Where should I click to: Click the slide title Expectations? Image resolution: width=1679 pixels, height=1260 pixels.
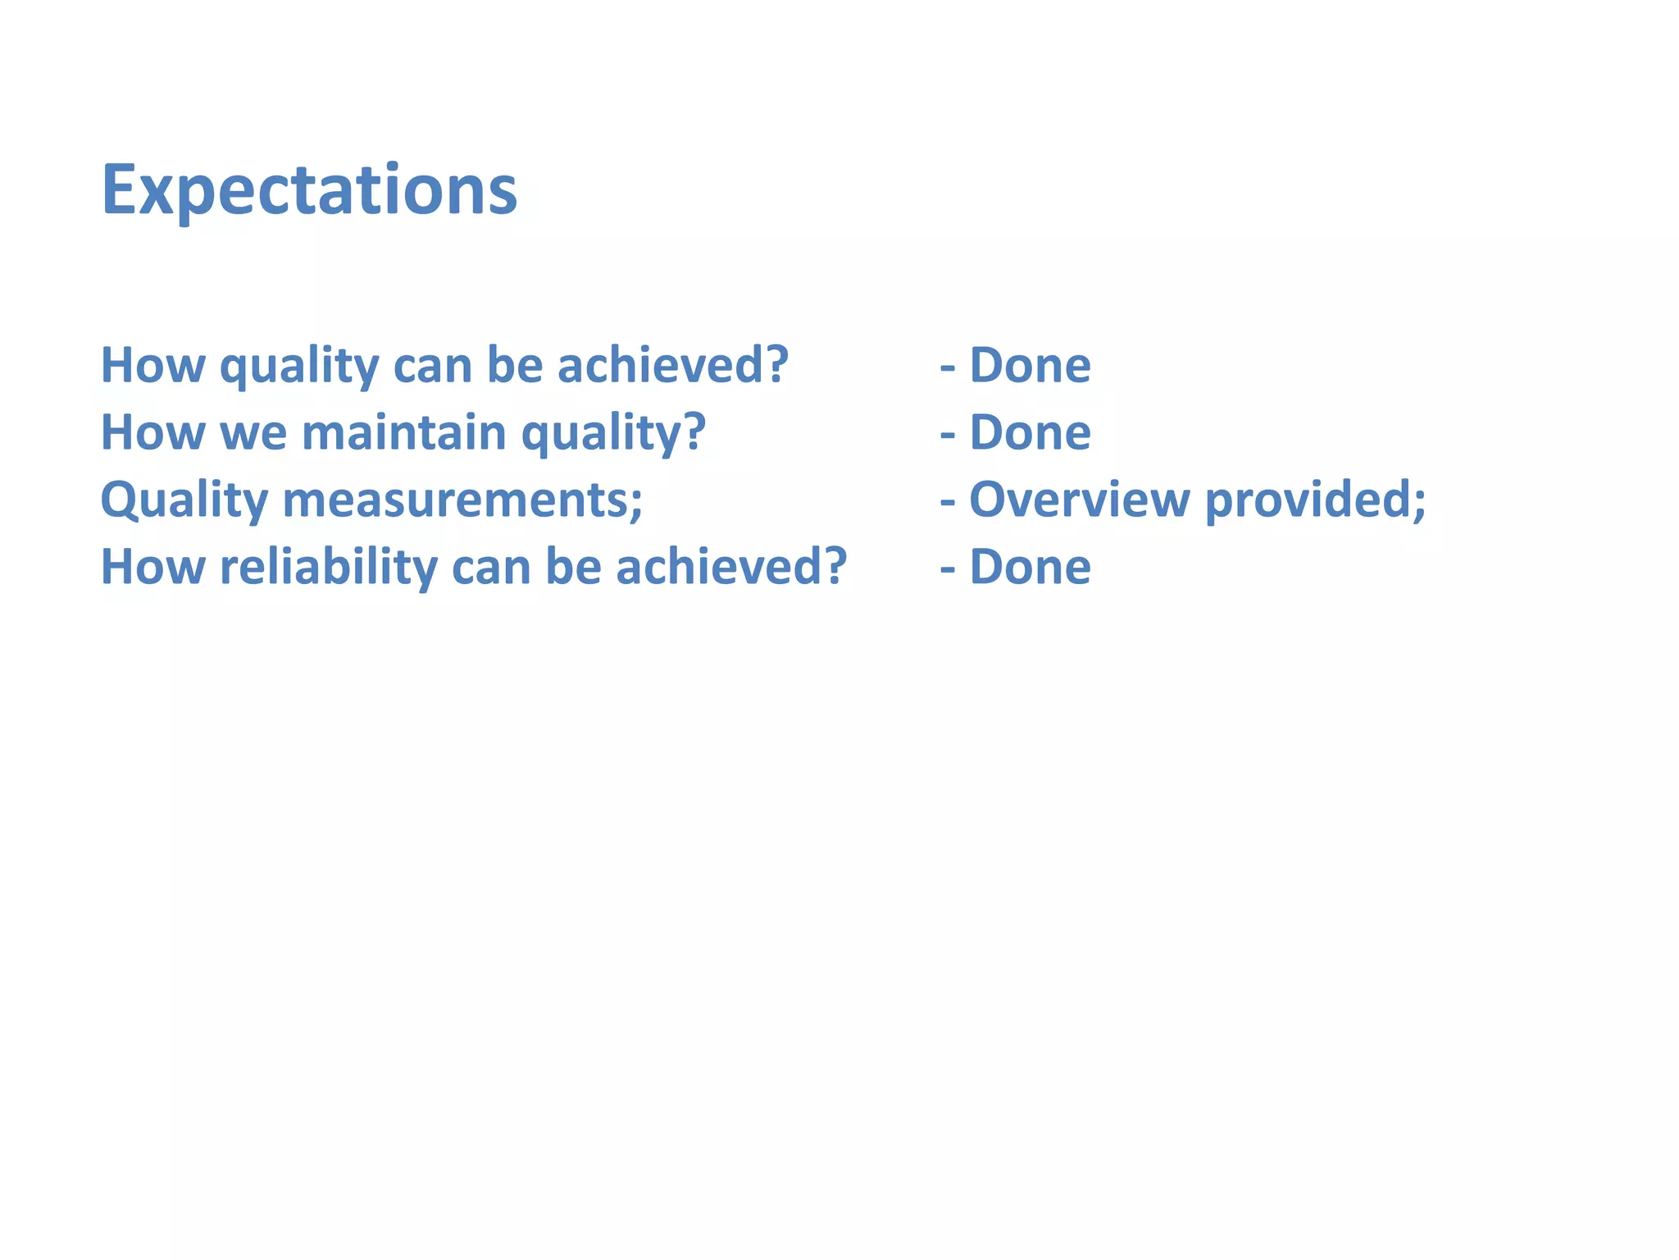[x=308, y=190]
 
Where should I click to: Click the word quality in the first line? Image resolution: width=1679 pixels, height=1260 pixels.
[x=299, y=366]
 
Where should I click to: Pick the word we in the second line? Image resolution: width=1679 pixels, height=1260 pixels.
[x=253, y=434]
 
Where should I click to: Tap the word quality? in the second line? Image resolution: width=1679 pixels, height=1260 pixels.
[x=613, y=434]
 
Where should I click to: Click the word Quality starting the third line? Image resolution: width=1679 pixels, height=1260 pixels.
[x=184, y=500]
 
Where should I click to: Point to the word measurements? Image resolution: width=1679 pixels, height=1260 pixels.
[x=462, y=500]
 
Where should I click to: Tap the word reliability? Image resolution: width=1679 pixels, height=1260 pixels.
[x=329, y=568]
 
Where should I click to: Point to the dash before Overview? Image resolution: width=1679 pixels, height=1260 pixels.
[x=948, y=502]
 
